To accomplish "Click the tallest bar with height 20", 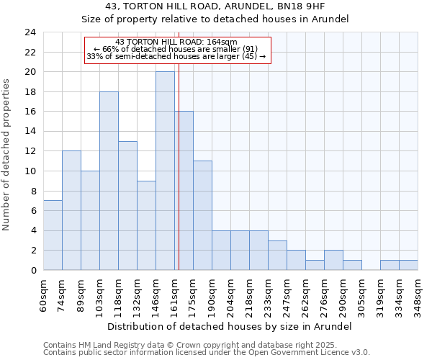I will [165, 171].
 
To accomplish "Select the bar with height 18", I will [109, 181].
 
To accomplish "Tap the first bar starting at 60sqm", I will [53, 235].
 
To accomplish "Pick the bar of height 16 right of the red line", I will [184, 191].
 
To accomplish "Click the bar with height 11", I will [202, 215].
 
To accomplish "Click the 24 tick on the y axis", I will [30, 32].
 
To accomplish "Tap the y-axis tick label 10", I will [30, 171].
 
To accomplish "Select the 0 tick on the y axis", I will [32, 270].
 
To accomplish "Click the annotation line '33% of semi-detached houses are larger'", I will [176, 56].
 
